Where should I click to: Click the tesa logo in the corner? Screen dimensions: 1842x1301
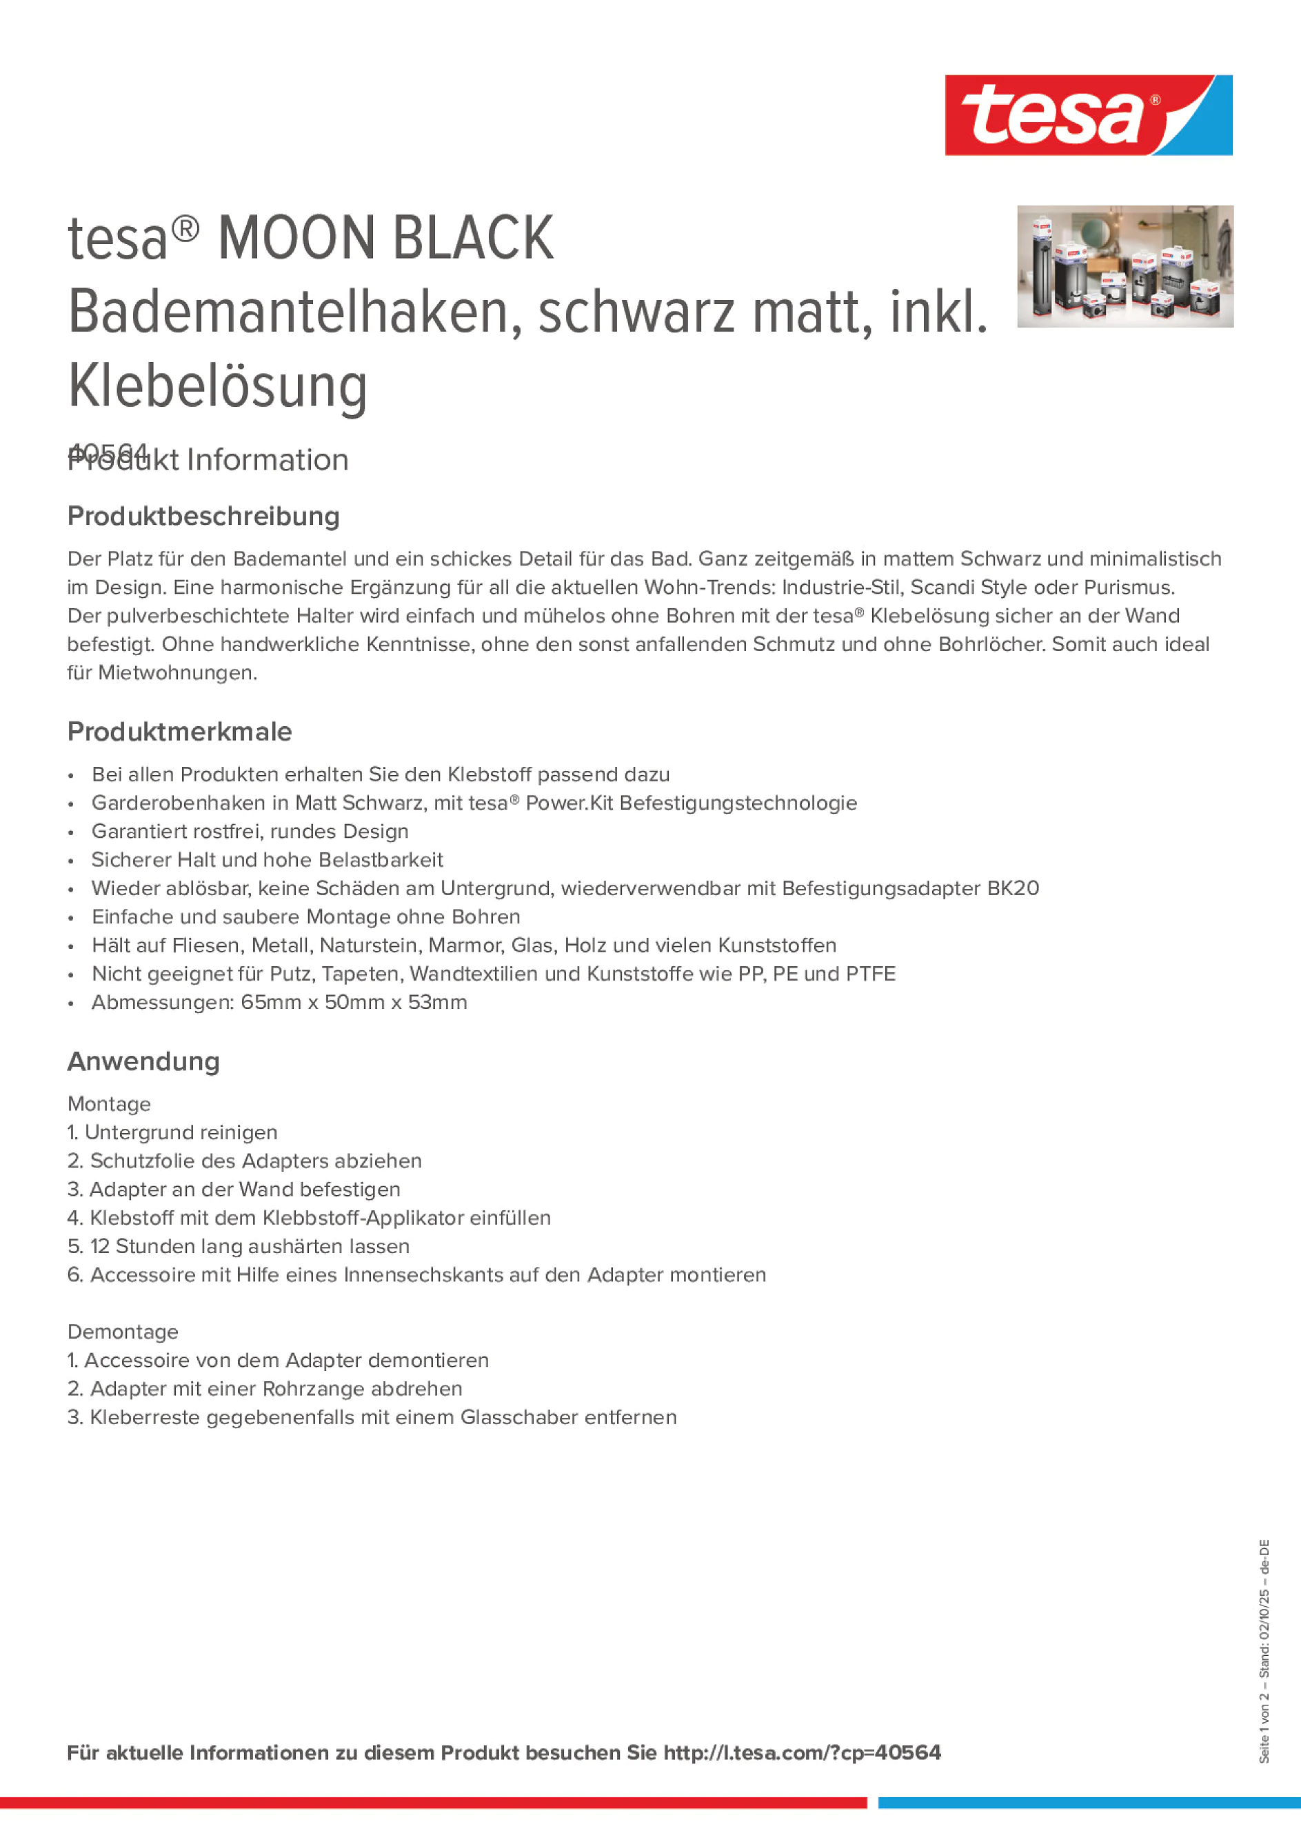pyautogui.click(x=1088, y=116)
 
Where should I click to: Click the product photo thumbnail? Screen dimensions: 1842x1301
pyautogui.click(x=1124, y=266)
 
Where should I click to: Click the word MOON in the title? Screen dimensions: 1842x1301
pyautogui.click(x=296, y=239)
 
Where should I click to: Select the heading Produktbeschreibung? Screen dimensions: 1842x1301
pyautogui.click(x=203, y=517)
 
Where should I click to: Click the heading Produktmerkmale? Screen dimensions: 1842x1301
pyautogui.click(x=180, y=732)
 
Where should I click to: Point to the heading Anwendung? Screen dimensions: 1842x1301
pyautogui.click(x=143, y=1061)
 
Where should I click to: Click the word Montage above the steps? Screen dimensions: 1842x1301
pyautogui.click(x=109, y=1104)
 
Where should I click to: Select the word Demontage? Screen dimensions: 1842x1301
pyautogui.click(x=123, y=1332)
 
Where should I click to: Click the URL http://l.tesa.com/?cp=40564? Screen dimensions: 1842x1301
pyautogui.click(x=801, y=1753)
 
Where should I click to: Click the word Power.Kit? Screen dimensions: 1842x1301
pyautogui.click(x=569, y=803)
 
